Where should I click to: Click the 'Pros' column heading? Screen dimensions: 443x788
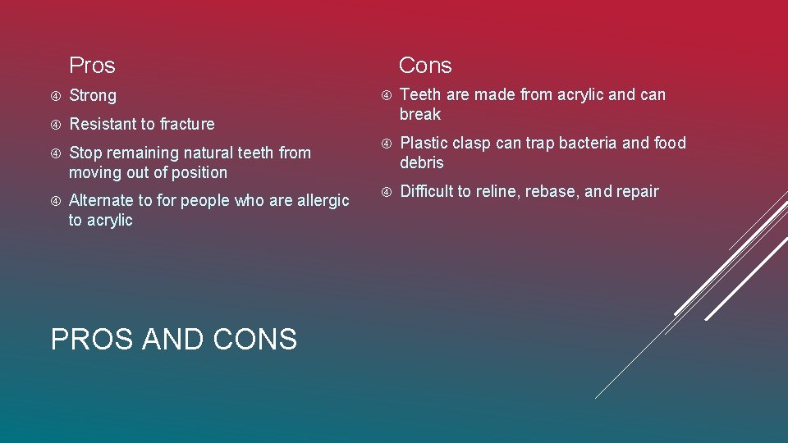(92, 66)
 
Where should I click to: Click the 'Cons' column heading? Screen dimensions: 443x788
(425, 66)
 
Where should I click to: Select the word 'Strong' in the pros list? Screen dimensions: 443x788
(93, 96)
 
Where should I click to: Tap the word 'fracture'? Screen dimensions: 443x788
(187, 125)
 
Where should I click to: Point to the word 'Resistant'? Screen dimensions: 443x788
(103, 125)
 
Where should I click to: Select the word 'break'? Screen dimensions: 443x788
(420, 115)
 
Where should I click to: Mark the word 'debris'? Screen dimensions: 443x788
(422, 163)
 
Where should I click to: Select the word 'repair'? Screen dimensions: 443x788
(636, 192)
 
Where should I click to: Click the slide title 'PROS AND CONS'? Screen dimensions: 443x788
(174, 339)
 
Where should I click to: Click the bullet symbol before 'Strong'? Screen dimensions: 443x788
(56, 96)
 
